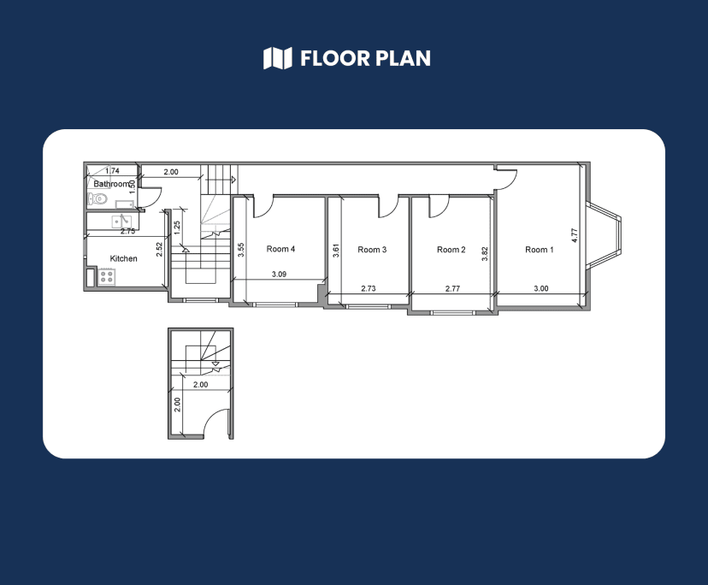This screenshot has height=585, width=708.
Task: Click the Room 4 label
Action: pos(280,250)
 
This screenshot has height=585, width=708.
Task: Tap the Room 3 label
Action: pos(372,250)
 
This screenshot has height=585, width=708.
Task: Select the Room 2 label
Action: pos(451,250)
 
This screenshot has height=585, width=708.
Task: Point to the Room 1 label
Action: pos(539,250)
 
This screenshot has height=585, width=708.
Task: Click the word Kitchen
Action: pos(123,258)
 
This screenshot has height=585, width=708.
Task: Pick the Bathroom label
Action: pos(112,184)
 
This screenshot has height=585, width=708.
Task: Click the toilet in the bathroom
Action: pos(97,199)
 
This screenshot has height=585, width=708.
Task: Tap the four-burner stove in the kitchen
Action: pos(106,276)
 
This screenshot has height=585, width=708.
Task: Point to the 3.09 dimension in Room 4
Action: pos(279,275)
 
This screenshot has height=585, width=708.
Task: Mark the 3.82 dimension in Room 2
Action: pos(485,254)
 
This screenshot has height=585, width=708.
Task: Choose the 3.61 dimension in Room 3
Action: pos(336,251)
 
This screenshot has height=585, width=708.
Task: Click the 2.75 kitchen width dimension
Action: pos(128,231)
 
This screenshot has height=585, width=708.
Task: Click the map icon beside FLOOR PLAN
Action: pos(277,58)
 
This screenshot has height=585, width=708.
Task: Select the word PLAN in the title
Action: pos(399,58)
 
